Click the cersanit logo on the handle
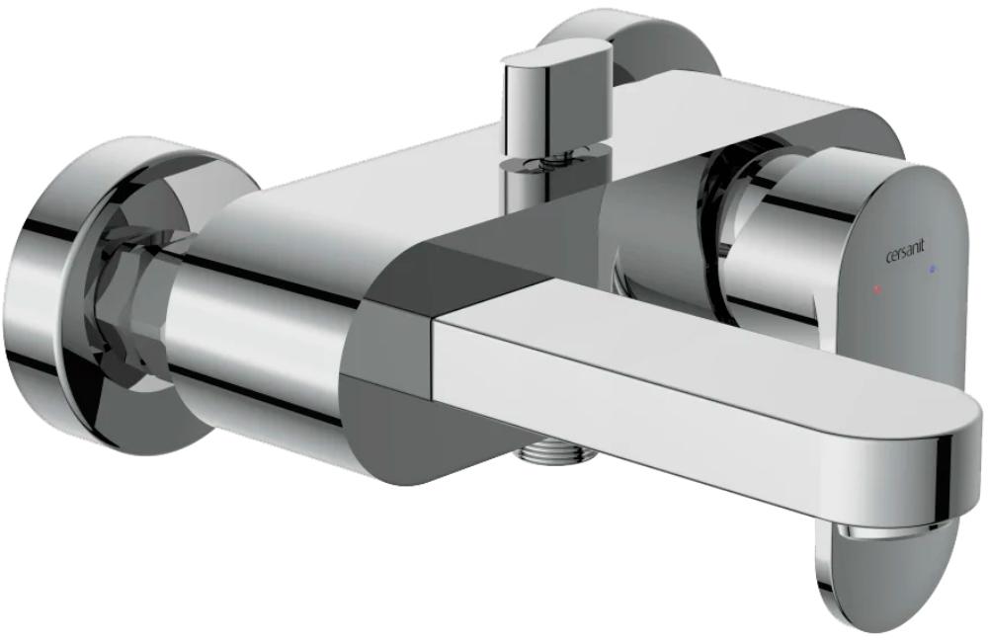905,256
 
